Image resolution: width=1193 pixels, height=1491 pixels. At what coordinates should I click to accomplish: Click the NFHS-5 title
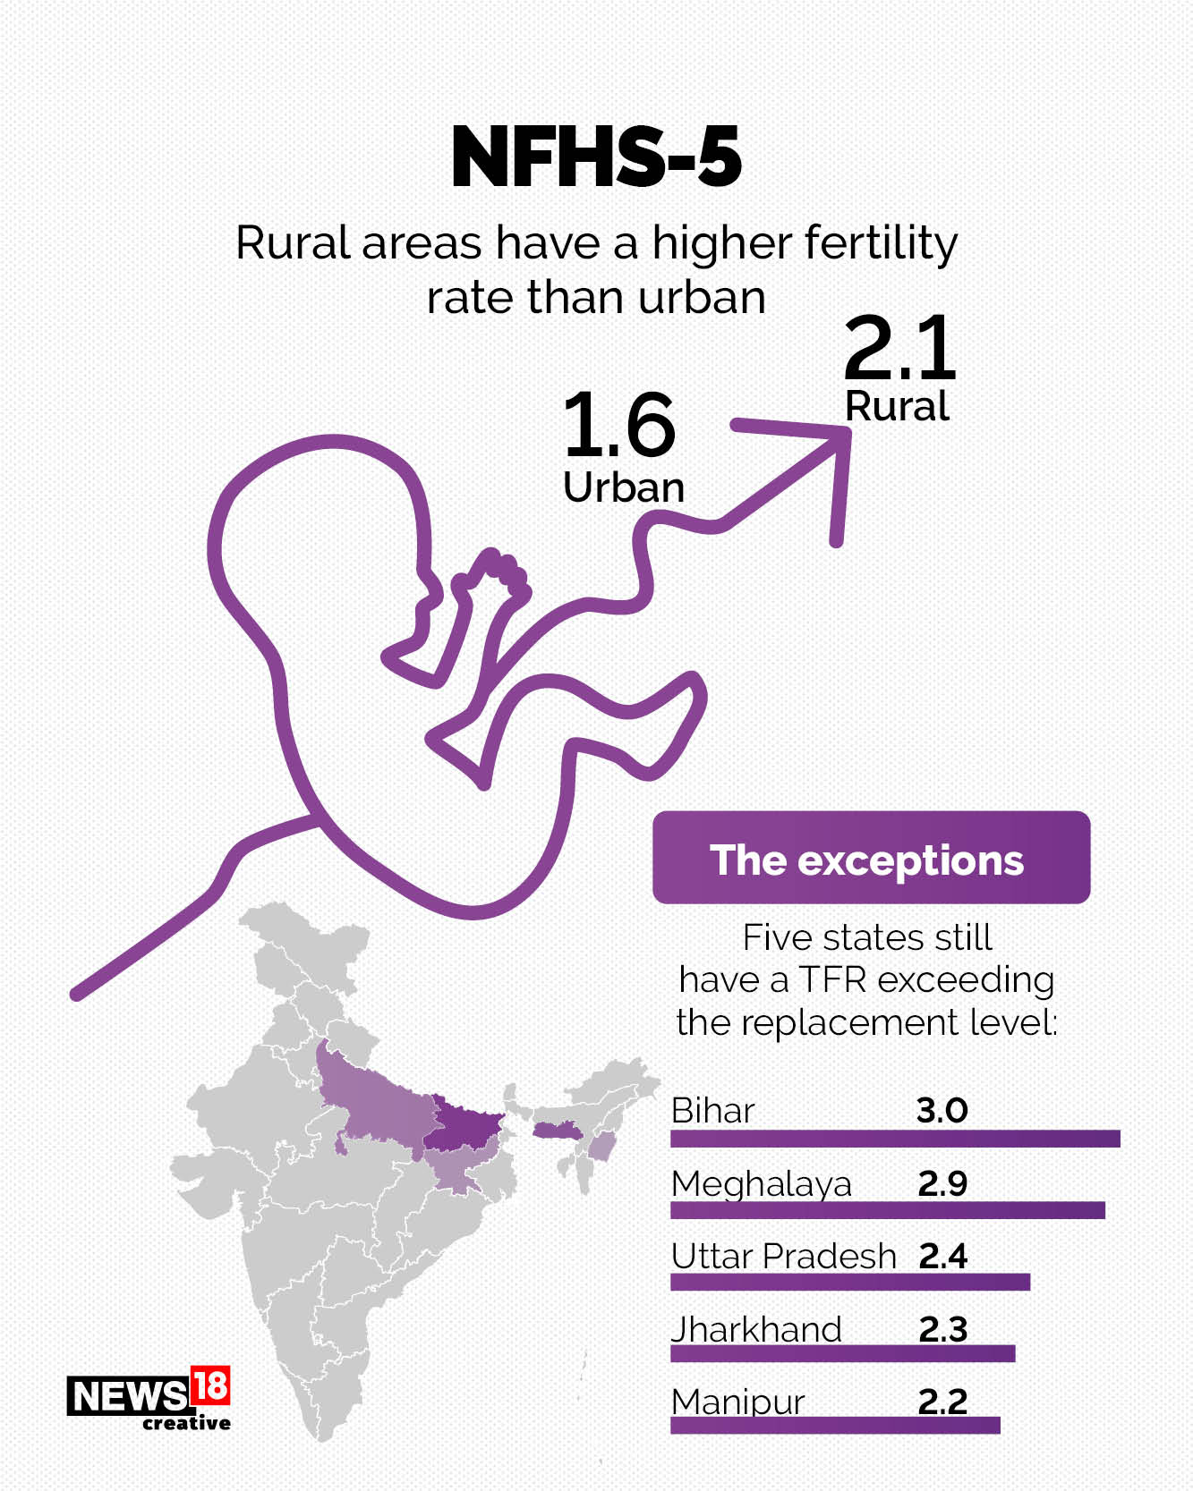(596, 157)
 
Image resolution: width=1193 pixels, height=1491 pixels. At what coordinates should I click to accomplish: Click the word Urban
(624, 487)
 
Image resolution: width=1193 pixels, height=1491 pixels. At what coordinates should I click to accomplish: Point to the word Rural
(897, 407)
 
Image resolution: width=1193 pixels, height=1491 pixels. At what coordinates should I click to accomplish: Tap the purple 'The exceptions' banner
(871, 858)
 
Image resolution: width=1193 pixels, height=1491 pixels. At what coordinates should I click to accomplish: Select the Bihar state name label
(713, 1111)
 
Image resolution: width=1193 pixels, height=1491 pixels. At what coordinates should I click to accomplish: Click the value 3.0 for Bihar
(942, 1111)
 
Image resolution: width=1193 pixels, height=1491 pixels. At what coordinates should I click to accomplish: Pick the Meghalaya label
(762, 1184)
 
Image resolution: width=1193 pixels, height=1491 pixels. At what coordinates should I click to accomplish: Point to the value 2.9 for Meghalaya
(942, 1184)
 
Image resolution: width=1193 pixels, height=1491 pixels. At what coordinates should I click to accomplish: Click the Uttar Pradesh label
(784, 1257)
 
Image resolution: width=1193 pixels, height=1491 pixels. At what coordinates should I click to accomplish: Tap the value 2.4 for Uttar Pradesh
(942, 1257)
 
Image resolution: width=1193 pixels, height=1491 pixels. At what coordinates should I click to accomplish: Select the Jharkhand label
(757, 1330)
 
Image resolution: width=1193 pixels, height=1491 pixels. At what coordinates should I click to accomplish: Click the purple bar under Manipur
(835, 1426)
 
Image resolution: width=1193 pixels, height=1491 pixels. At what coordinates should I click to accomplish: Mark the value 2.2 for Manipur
(942, 1402)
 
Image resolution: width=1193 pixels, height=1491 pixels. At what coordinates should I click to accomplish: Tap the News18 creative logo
(149, 1399)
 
